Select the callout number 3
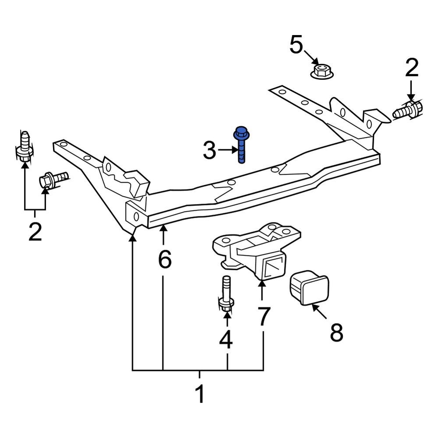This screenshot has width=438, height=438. tap(209, 151)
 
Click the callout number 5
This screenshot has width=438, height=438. tap(297, 45)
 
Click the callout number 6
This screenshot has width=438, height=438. tap(164, 260)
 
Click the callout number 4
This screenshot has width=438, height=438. tap(226, 339)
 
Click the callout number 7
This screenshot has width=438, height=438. tap(263, 317)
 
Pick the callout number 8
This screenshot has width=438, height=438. tap(336, 333)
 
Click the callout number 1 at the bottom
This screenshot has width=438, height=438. tap(200, 394)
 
